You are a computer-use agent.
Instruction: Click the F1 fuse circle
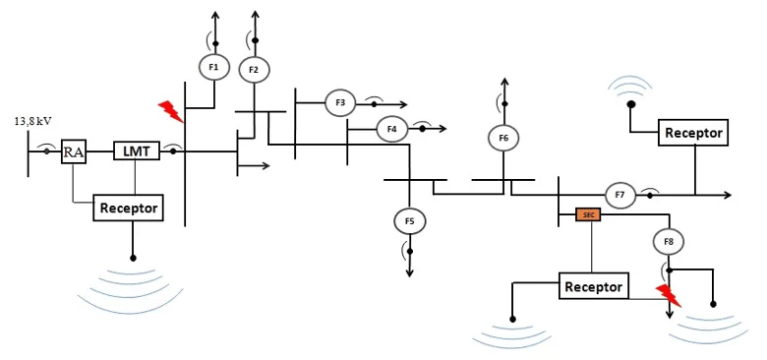pos(213,67)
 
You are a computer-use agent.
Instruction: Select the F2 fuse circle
pos(254,70)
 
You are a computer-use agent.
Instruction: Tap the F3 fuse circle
pos(341,102)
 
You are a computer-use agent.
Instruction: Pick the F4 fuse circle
pos(391,129)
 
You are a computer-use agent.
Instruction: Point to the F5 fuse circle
pos(410,221)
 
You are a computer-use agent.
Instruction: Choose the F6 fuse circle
pos(503,138)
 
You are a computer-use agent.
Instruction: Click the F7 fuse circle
pos(620,195)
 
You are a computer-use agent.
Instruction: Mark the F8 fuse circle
pos(669,241)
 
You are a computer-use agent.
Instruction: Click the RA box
pos(74,152)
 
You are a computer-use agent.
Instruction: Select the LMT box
pos(137,151)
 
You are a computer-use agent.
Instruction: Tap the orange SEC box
pos(588,214)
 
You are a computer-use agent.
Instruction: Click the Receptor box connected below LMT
pos(129,208)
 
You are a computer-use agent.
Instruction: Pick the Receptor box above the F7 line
pos(693,133)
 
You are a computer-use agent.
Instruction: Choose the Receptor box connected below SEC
pos(594,286)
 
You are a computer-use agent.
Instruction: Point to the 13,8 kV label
pos(32,121)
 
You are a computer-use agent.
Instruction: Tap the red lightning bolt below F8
pos(669,296)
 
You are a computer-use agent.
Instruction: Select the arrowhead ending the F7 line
pos(727,195)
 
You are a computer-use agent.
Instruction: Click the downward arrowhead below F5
pos(410,272)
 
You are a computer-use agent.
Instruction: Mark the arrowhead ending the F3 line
pos(402,104)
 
